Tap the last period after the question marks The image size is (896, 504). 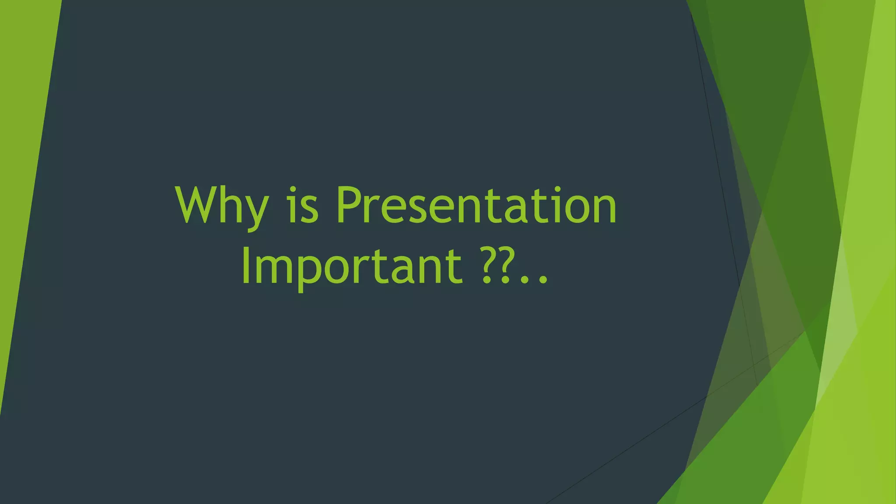pyautogui.click(x=543, y=280)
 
